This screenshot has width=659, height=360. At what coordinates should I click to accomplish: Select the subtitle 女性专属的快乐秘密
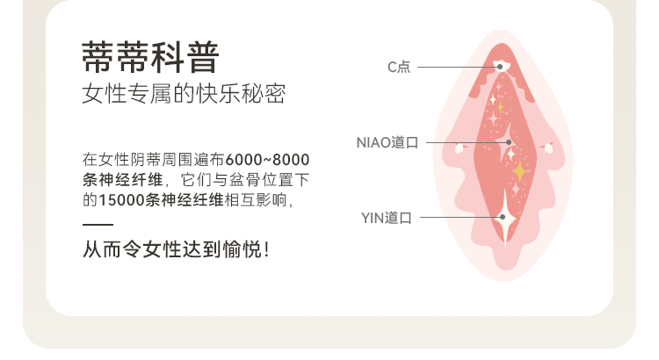click(184, 95)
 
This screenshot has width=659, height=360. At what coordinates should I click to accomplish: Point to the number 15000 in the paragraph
click(119, 199)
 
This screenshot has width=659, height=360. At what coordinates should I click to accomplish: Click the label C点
click(399, 67)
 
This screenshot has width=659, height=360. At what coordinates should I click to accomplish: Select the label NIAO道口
click(387, 141)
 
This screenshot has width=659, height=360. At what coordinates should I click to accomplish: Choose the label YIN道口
click(387, 217)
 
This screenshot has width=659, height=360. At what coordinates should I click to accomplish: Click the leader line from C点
click(457, 67)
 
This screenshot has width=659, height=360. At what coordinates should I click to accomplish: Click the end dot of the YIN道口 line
click(502, 217)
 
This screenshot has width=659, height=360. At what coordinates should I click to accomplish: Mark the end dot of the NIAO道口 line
click(507, 141)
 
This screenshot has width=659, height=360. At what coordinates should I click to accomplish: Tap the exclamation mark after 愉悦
click(266, 250)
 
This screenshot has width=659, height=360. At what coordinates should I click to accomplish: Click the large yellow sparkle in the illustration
click(519, 169)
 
